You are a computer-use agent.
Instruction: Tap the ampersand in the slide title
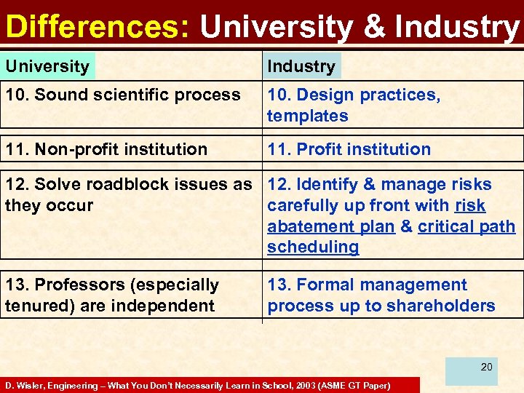click(374, 27)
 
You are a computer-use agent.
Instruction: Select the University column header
click(47, 66)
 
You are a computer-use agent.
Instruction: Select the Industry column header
click(301, 66)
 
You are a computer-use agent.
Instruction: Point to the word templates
click(307, 116)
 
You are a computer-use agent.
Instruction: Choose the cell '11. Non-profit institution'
click(106, 149)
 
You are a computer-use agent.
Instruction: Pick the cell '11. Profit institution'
click(349, 149)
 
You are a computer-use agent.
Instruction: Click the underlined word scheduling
click(313, 247)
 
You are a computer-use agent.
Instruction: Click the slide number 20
click(486, 367)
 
